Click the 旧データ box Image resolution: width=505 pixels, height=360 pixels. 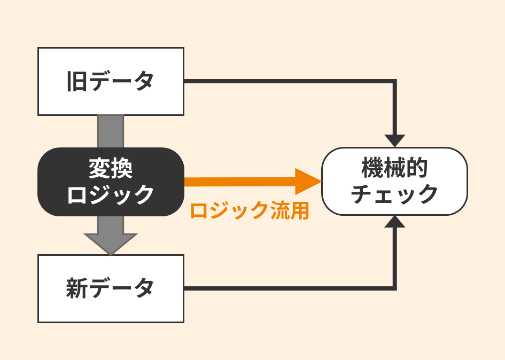tap(111, 81)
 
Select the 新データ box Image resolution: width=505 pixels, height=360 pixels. tap(111, 288)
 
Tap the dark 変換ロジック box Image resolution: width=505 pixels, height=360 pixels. tap(111, 182)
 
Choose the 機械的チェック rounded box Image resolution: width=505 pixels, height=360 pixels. tap(394, 182)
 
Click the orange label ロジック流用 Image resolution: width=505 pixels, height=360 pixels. tap(249, 211)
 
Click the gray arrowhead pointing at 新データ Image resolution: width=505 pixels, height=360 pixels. tap(111, 243)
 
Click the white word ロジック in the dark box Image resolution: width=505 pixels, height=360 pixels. tap(111, 194)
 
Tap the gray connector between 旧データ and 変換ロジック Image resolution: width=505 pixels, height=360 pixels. tap(111, 131)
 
